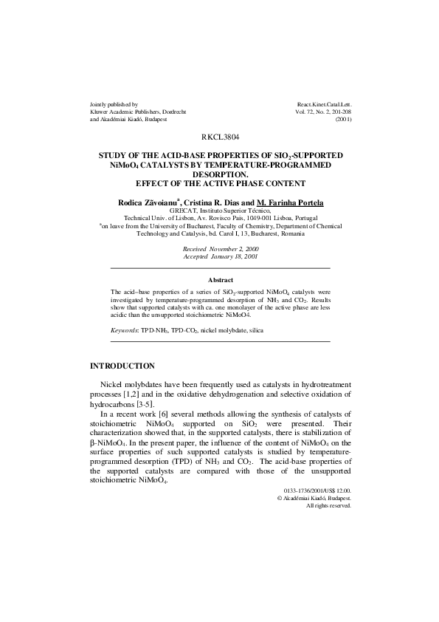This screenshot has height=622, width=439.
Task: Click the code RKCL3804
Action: [x=219, y=138]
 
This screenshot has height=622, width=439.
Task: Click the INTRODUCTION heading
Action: [x=122, y=366]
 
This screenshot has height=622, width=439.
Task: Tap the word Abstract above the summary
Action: [x=221, y=280]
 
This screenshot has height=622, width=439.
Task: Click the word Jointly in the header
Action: [x=100, y=104]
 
